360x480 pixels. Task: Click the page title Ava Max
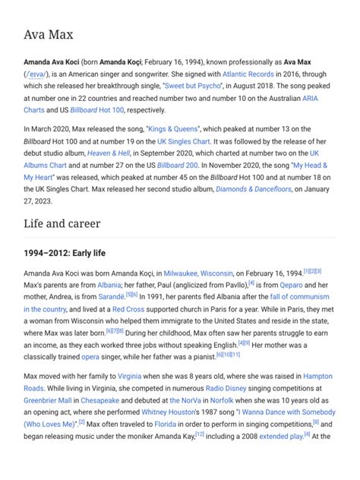(48, 35)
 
